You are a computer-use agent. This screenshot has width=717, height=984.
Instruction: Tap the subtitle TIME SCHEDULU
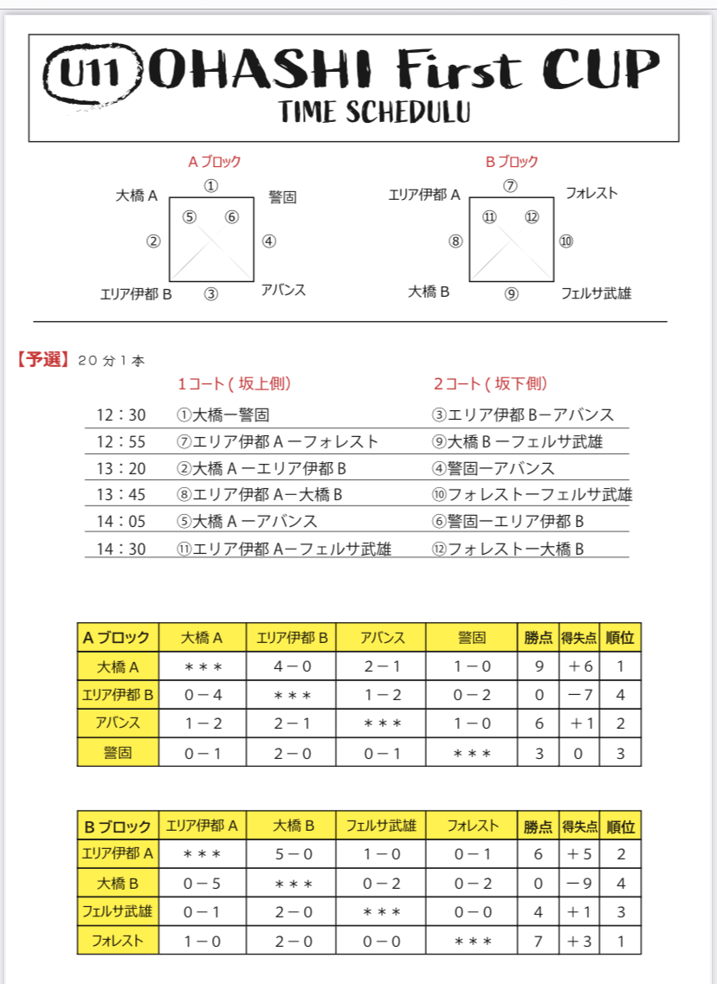375,112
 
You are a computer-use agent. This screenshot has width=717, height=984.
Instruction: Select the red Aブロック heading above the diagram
214,161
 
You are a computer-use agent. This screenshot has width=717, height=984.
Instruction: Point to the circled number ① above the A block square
211,186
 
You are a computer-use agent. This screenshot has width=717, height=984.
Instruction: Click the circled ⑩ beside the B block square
565,241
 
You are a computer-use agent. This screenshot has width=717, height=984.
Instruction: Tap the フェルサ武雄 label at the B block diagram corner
596,293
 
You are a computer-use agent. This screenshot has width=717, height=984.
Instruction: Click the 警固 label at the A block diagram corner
282,197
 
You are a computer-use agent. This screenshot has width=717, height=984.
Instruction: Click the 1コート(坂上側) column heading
234,383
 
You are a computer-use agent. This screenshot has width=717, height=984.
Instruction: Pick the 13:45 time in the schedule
121,495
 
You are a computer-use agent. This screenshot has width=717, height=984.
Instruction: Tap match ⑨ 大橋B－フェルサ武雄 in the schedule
518,442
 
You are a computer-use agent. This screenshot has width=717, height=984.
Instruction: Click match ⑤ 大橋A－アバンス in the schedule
247,522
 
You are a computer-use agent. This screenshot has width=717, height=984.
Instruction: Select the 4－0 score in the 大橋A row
290,667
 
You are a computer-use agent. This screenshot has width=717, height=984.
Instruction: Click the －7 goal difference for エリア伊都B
579,695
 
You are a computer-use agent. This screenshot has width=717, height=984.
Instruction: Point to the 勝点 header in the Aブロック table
538,639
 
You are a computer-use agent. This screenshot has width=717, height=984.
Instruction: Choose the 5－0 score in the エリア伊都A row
292,854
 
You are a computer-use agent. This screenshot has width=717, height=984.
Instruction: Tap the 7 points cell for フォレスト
539,941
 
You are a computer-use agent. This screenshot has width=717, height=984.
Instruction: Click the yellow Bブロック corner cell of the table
117,826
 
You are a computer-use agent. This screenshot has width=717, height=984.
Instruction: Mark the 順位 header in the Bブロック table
620,826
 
